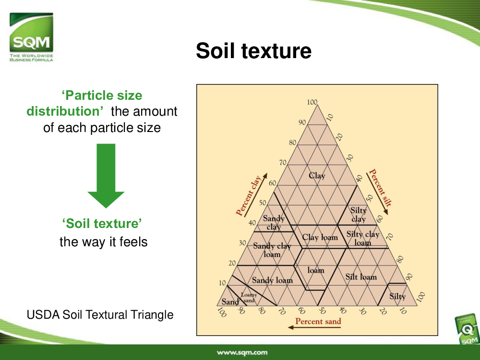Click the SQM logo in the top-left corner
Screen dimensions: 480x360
[31, 37]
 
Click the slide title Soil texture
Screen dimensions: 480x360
[253, 51]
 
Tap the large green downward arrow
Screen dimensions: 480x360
[106, 176]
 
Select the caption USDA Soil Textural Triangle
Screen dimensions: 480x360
[100, 315]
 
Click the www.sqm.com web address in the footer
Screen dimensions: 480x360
[242, 352]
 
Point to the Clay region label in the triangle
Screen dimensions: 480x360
[317, 176]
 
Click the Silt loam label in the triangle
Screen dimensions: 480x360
[361, 277]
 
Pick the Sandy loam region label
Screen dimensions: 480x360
[272, 280]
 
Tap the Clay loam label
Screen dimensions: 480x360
[320, 237]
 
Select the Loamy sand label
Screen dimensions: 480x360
[249, 298]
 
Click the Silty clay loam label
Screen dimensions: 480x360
[363, 239]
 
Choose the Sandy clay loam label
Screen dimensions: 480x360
[272, 250]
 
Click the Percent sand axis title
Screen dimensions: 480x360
[318, 321]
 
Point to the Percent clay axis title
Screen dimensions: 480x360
[249, 196]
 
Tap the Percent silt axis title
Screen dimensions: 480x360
[380, 188]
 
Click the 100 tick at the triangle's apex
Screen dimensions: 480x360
[312, 102]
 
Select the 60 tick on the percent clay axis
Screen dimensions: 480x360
[273, 183]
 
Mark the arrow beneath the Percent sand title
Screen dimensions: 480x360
[314, 327]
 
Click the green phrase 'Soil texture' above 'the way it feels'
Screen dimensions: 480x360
[102, 224]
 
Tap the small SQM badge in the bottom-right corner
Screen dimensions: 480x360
[467, 330]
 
